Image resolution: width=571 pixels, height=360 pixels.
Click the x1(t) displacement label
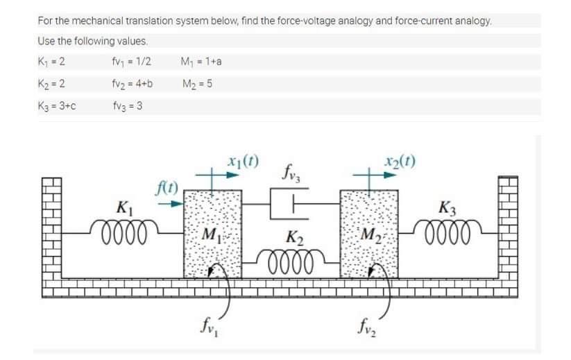[x=240, y=165]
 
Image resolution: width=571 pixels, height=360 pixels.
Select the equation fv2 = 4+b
[x=132, y=85]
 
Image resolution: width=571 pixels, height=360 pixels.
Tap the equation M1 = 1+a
[x=201, y=62]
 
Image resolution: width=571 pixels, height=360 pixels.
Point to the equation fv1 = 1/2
[x=131, y=62]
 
